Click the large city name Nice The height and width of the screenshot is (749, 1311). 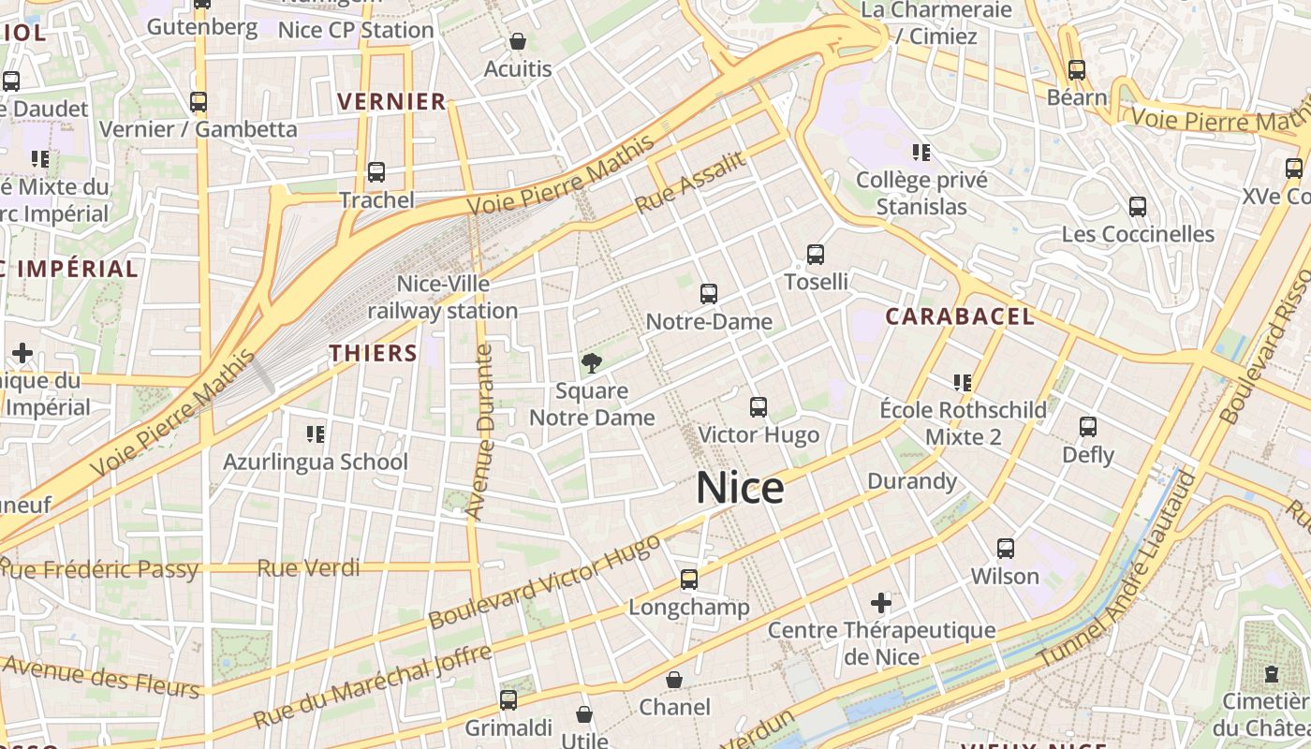[740, 489]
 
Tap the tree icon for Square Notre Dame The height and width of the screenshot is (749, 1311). [591, 362]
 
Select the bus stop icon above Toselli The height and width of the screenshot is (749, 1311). [816, 254]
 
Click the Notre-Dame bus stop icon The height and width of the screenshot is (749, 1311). [709, 294]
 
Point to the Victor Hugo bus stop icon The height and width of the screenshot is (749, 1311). [759, 407]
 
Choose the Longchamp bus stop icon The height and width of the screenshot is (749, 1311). [689, 580]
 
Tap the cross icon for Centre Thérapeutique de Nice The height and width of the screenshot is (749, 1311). [881, 602]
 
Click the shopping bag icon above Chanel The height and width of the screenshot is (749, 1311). [674, 680]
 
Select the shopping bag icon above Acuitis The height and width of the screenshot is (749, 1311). [517, 41]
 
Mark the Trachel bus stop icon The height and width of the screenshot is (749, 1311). [376, 172]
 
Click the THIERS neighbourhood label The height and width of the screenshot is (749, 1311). [373, 353]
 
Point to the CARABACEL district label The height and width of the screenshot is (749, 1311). [960, 316]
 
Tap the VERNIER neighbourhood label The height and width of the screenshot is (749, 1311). [391, 102]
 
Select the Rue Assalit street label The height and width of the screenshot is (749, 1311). [691, 182]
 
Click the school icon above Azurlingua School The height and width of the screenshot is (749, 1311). [316, 433]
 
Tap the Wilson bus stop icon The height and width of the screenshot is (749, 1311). [1006, 549]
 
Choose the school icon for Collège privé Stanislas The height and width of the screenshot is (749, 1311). [921, 152]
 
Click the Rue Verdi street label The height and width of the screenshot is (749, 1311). [308, 567]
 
